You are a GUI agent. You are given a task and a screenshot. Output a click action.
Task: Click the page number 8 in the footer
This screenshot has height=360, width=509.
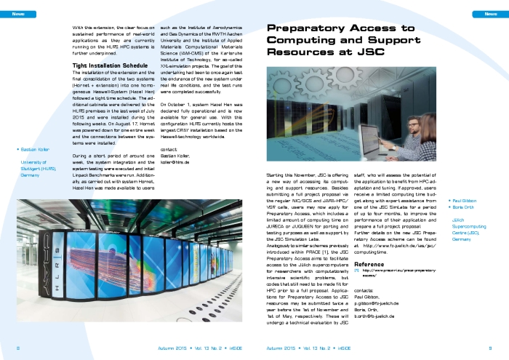click(18, 348)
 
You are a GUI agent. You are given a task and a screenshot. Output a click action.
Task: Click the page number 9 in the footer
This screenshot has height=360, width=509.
click(490, 348)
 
